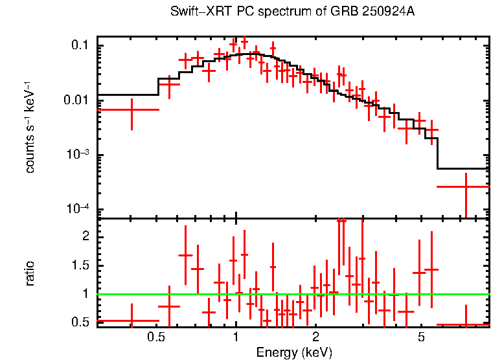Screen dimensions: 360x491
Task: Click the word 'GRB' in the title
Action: coord(349,12)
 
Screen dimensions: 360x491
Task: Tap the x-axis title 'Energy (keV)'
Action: coord(294,352)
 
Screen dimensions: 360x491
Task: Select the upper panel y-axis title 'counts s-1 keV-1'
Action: coord(30,127)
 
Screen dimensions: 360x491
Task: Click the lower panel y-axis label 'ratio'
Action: coord(30,273)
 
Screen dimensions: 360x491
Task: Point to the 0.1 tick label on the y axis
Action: coord(80,45)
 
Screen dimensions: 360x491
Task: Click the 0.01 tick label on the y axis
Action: coord(77,100)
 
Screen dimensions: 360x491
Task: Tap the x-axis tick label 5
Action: coord(420,337)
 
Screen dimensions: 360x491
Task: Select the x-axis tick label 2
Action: coord(315,337)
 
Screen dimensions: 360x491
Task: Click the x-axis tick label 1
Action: coord(235,337)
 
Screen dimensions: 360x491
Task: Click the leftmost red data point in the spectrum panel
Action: coord(131,110)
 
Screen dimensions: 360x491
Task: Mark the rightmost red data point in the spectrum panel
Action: coord(465,186)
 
